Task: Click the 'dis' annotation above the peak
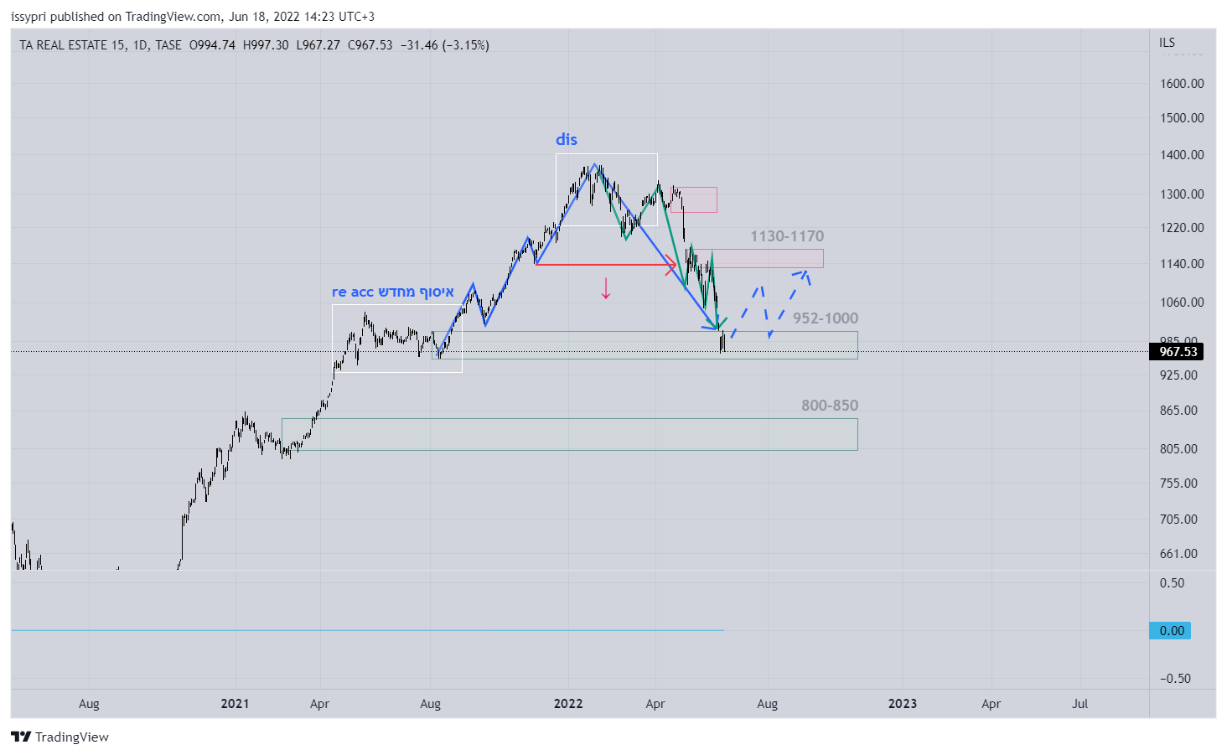point(567,139)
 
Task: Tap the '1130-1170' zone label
point(786,236)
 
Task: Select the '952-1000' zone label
point(825,318)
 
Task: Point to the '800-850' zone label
point(829,406)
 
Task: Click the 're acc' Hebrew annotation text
point(392,292)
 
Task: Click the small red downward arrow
point(606,288)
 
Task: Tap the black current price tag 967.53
point(1178,352)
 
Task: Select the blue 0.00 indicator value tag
point(1171,631)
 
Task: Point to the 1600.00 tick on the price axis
point(1181,84)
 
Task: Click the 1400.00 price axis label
point(1181,155)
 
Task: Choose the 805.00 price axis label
point(1178,449)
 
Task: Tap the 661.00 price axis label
point(1178,554)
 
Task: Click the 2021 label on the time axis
point(235,704)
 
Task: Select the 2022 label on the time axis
point(568,704)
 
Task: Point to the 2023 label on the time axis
point(902,704)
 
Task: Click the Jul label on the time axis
point(1079,704)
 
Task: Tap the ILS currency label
point(1167,43)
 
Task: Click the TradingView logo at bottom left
point(60,737)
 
